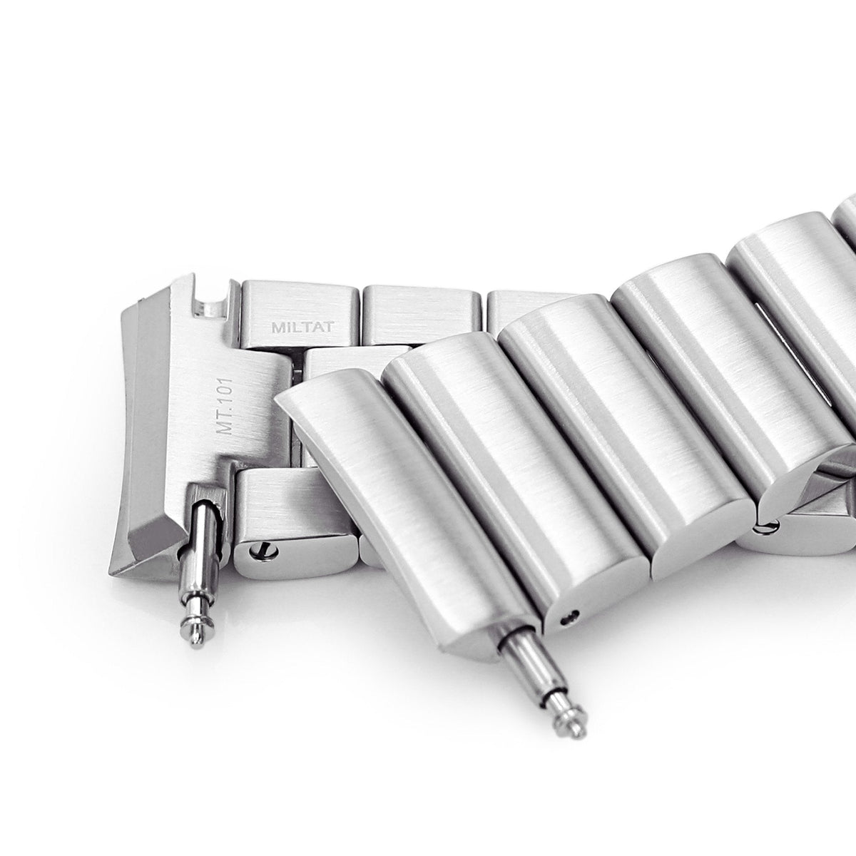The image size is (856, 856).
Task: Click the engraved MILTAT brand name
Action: tap(302, 327)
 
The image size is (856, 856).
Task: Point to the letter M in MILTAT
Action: tap(277, 327)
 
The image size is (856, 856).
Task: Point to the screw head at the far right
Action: tap(772, 526)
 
